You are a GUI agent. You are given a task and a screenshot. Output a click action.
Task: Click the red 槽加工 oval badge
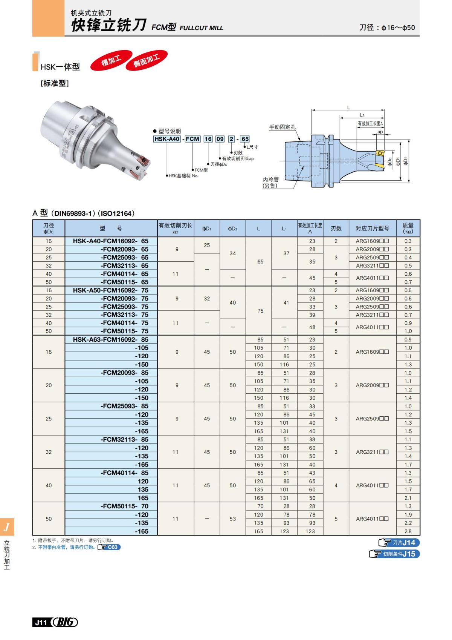click(111, 60)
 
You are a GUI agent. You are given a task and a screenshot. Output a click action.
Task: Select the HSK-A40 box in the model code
click(167, 139)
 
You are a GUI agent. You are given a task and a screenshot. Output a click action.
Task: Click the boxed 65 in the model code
click(245, 139)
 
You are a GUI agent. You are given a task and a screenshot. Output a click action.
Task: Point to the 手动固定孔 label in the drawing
click(282, 127)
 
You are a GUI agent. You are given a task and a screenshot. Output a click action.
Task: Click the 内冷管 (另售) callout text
click(270, 183)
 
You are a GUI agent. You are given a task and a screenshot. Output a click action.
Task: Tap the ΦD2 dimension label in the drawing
click(406, 161)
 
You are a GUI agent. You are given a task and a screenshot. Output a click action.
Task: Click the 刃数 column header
click(336, 228)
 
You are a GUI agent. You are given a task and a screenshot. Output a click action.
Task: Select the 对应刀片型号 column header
click(372, 228)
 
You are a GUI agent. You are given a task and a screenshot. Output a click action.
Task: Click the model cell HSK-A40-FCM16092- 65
click(111, 241)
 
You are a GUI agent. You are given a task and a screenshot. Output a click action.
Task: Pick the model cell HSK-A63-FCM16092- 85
click(111, 339)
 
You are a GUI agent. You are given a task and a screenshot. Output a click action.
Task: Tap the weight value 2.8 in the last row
click(408, 531)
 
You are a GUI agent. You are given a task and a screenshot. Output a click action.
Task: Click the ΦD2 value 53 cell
click(233, 519)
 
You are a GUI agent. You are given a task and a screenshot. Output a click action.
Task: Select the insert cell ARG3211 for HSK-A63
click(372, 452)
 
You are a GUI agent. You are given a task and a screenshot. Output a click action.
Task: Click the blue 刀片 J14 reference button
click(399, 542)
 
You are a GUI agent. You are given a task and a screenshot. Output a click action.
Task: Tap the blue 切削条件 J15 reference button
click(395, 554)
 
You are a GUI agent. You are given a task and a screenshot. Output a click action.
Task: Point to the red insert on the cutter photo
click(144, 161)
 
